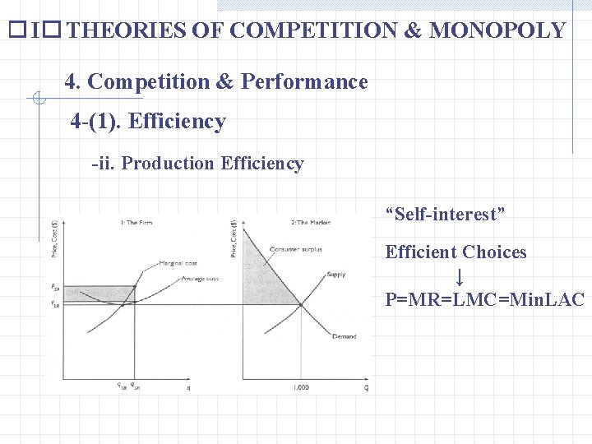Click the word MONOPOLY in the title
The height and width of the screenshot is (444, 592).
497,31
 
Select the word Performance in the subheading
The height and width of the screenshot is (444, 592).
304,81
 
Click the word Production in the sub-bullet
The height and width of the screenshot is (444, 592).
168,164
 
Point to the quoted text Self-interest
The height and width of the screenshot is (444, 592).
445,215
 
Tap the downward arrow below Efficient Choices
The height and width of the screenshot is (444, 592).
460,276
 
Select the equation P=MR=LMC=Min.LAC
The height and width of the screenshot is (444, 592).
484,299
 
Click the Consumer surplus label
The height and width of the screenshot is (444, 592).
295,249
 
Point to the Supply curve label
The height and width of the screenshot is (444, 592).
336,274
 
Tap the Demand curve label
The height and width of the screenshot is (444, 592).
344,336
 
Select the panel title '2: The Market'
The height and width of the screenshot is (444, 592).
311,223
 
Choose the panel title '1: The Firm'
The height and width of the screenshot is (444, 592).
136,223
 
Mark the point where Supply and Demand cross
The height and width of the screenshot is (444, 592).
300,305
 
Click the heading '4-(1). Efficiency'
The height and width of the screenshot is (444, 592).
148,122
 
